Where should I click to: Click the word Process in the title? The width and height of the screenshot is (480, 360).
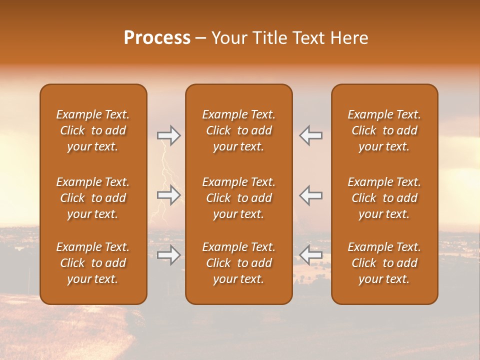tap(157, 38)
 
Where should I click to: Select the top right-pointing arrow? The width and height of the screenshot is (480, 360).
tap(169, 135)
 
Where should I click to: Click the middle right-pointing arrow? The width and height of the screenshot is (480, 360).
tap(169, 195)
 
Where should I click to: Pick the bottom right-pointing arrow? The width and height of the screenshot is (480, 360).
tap(169, 255)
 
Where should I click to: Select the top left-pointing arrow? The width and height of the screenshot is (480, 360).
tap(310, 135)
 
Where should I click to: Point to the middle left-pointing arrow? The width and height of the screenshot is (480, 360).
tap(310, 195)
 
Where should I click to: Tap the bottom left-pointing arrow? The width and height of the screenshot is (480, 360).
tap(310, 255)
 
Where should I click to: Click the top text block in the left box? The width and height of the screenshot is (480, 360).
tap(93, 130)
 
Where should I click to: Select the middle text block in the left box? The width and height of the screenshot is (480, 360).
tap(93, 198)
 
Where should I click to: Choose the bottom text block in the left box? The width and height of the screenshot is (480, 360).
tap(93, 263)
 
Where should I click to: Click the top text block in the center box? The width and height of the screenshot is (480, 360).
tap(238, 130)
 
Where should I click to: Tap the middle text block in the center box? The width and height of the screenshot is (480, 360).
tap(238, 198)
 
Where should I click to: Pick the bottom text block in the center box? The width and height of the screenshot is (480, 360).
tap(238, 263)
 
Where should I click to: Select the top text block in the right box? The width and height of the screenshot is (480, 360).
tap(384, 130)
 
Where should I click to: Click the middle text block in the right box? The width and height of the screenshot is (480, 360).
tap(384, 198)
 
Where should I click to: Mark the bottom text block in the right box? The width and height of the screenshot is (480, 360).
tap(384, 263)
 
